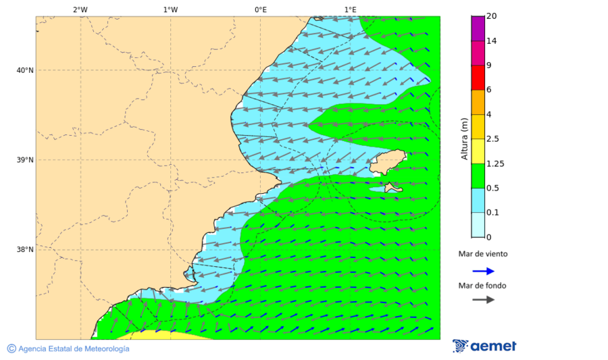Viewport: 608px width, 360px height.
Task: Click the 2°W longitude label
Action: [x=80, y=9]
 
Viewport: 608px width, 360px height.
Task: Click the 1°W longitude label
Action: [x=170, y=9]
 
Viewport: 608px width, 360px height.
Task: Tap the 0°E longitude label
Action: [x=260, y=9]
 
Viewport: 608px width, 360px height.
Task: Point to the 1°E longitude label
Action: [x=350, y=9]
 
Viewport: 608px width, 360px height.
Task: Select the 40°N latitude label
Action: [x=25, y=70]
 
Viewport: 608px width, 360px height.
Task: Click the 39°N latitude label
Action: [x=25, y=160]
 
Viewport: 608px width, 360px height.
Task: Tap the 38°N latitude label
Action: [x=25, y=250]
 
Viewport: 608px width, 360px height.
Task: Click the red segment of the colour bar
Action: [x=478, y=78]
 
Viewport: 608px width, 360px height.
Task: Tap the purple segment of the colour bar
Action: [x=478, y=28]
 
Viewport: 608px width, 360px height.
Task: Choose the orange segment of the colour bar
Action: [x=478, y=102]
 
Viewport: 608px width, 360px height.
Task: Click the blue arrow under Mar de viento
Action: [x=483, y=271]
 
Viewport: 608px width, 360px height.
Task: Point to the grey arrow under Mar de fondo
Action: [x=483, y=300]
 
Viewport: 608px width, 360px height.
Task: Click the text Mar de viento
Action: [x=483, y=255]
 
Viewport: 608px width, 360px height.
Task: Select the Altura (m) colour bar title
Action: [x=464, y=138]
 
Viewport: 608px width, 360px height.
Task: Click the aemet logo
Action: [x=484, y=346]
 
